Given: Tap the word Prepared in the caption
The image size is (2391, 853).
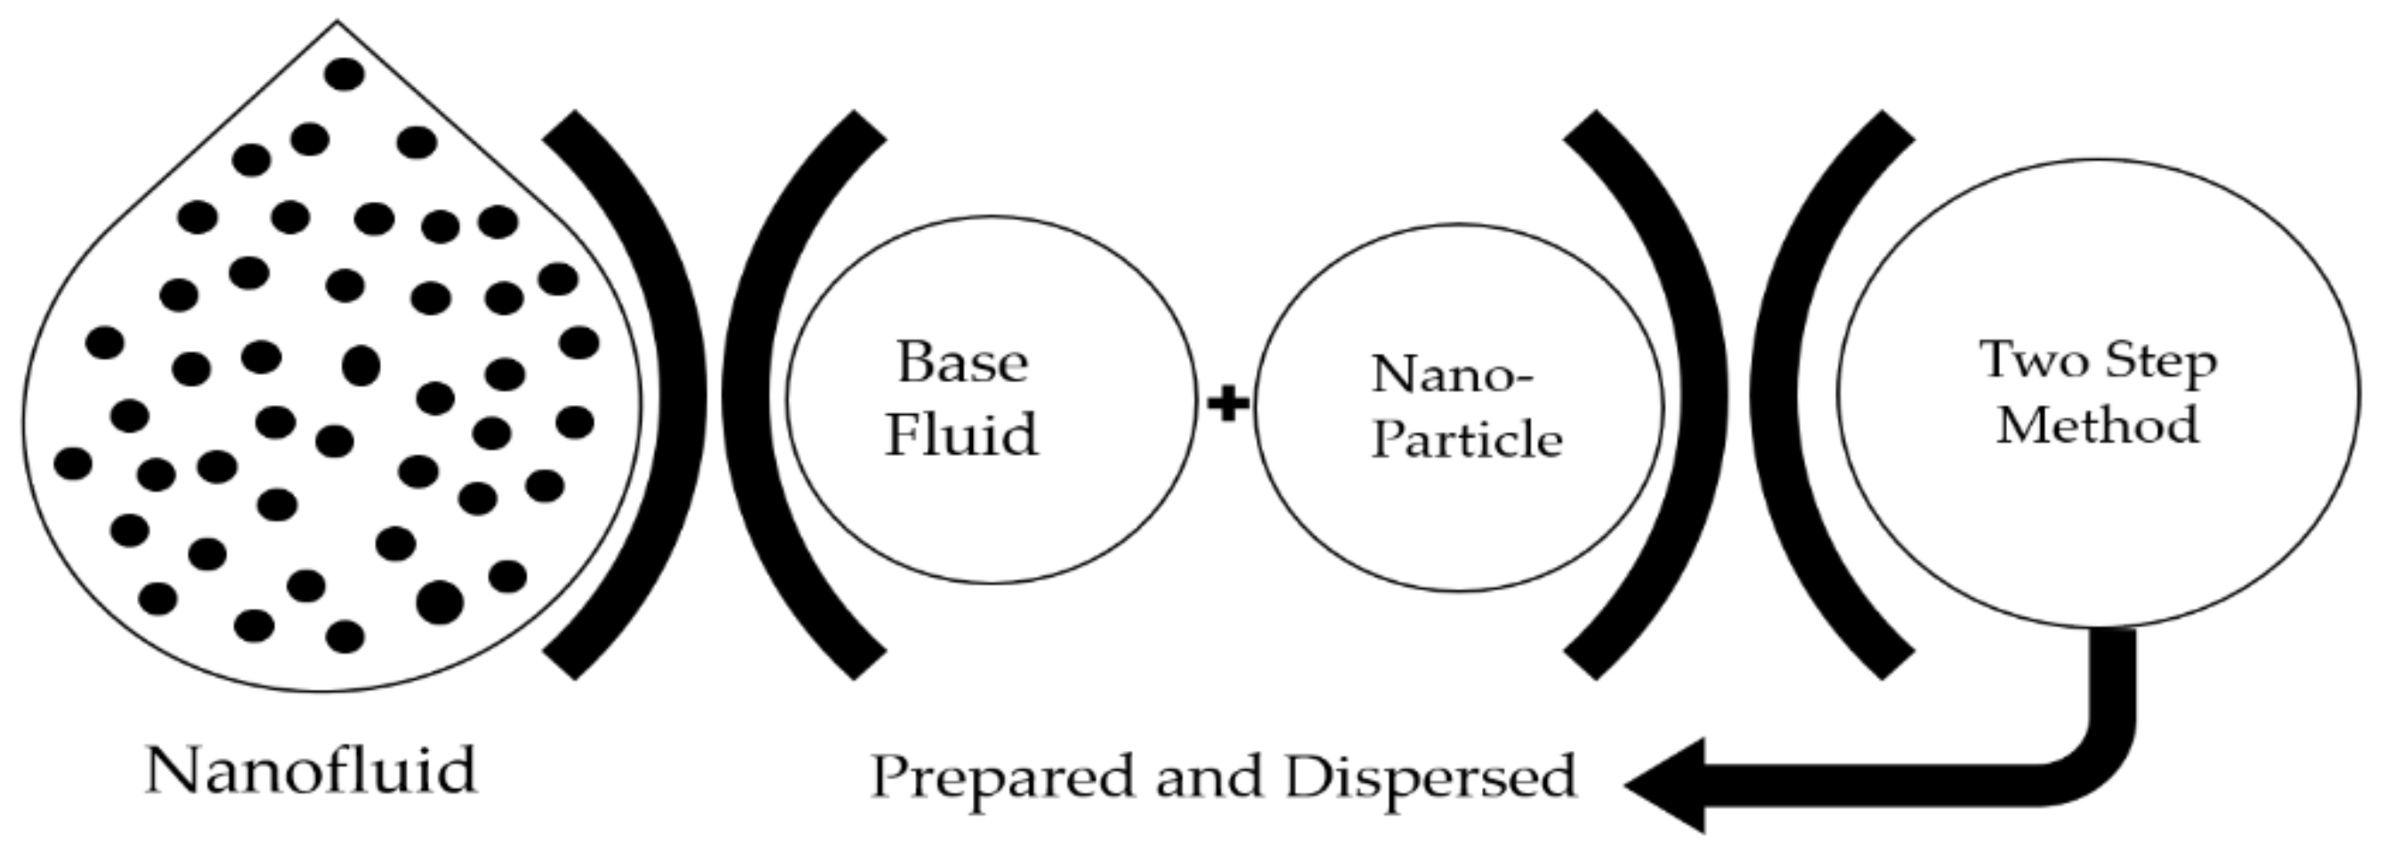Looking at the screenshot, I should point(1001,777).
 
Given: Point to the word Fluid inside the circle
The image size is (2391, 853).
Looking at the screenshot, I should point(961,434).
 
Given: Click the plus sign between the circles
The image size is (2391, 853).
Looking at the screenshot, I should point(1227,404).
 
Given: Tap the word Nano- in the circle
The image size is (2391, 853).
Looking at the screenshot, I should point(1453,375).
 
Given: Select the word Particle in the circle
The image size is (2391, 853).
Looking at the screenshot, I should point(1467,439).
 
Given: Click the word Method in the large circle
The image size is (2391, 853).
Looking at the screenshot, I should point(2098,425).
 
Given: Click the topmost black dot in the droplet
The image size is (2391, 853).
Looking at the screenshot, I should point(345,74).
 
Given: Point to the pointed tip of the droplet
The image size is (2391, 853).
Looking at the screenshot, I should point(337,22).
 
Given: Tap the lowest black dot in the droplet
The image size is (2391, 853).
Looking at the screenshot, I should point(346,637).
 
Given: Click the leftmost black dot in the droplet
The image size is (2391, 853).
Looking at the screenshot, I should point(74,463).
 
